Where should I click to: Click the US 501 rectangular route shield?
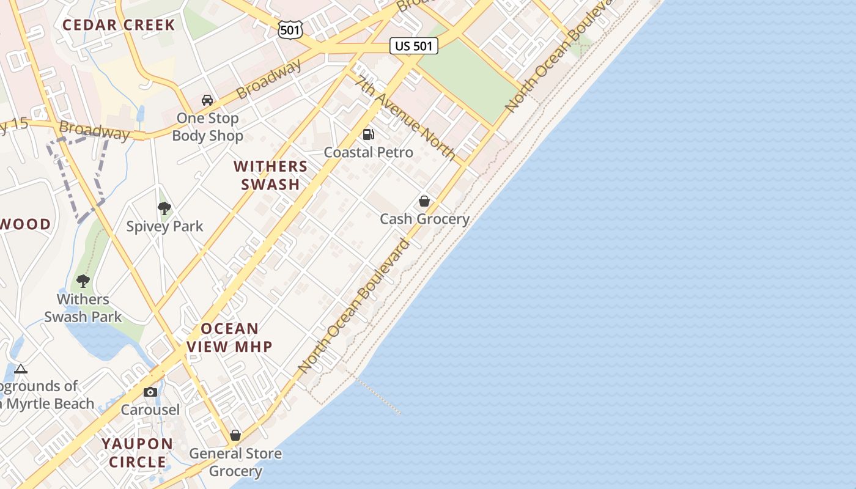coord(414,46)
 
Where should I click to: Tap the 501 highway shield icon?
coord(290,29)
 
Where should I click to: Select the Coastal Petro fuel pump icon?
coord(369,134)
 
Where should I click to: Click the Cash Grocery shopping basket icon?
coord(424,200)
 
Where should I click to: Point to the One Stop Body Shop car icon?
coord(207,100)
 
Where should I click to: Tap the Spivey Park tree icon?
coord(164,208)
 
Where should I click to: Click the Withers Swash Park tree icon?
coord(83,281)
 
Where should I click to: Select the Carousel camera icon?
coord(150,392)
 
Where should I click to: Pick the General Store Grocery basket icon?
coord(235,435)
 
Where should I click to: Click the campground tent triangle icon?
coord(21,369)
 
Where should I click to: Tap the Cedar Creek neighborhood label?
coord(119,25)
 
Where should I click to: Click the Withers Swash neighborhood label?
coord(270,175)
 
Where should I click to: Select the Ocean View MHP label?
coord(229,337)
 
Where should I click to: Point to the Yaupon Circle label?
coord(138,452)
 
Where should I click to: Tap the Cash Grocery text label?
coord(424,219)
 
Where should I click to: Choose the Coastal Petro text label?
coord(368,152)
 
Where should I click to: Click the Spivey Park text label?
coord(164,226)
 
